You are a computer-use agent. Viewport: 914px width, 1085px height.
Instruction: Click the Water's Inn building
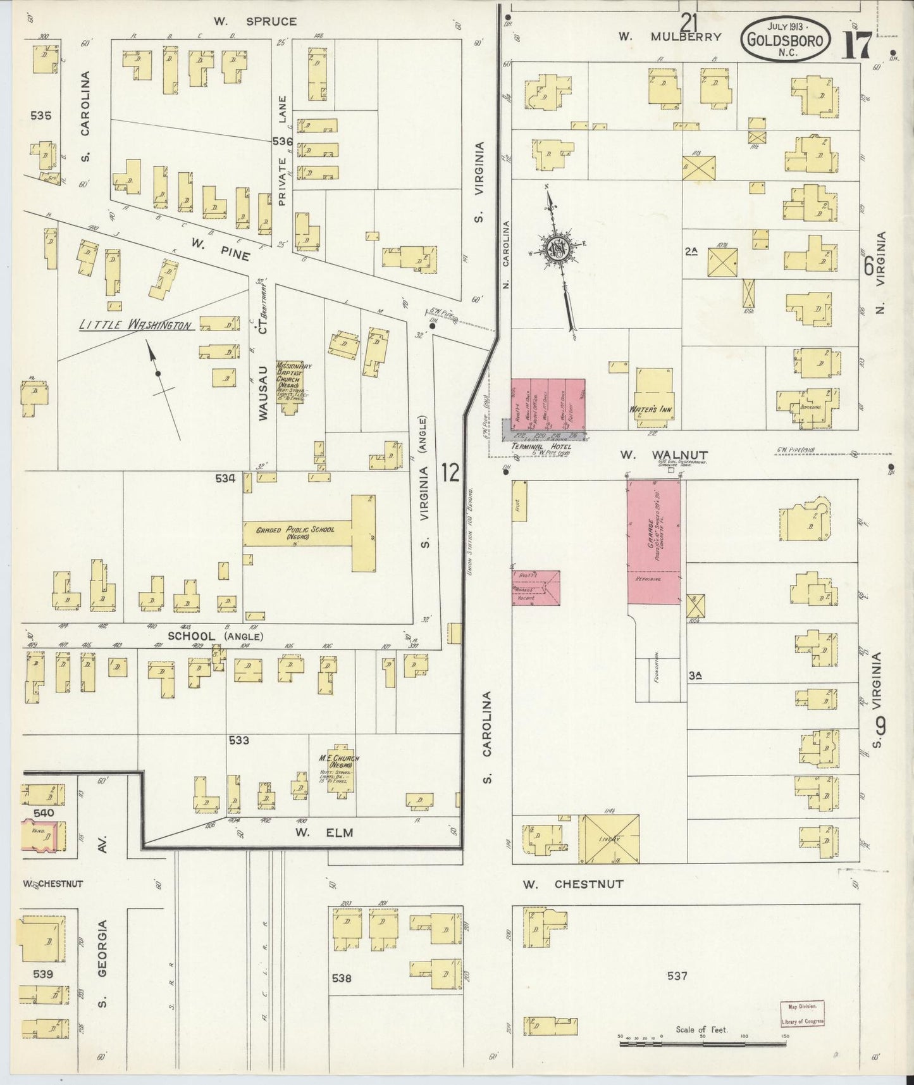(653, 396)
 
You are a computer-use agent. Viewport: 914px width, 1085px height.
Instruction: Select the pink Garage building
(654, 541)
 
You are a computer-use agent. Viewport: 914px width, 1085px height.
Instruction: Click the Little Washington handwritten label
(135, 325)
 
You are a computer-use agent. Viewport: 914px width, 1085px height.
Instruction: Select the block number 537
(676, 975)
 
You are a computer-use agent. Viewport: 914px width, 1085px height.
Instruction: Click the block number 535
(40, 116)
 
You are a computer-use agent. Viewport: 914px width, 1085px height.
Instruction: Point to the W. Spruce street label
(254, 21)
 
